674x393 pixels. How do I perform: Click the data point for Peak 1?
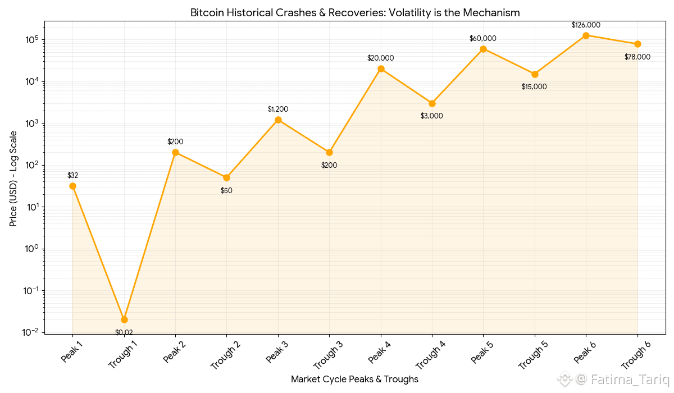(x=72, y=186)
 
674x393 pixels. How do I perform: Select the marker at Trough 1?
(x=124, y=319)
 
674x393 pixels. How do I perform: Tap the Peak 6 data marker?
(x=586, y=35)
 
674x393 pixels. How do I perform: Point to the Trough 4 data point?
(x=432, y=103)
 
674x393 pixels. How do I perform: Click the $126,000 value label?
(x=586, y=25)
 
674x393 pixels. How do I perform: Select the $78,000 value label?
(x=637, y=57)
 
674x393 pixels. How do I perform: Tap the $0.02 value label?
(x=124, y=332)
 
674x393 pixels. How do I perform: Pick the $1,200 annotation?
(x=278, y=109)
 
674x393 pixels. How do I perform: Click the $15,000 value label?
(x=534, y=86)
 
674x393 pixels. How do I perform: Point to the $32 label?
(x=72, y=175)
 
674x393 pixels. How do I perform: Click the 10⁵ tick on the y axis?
(x=30, y=39)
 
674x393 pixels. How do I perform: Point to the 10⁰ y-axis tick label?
(x=30, y=249)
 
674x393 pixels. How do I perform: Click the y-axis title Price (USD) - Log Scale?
(x=13, y=179)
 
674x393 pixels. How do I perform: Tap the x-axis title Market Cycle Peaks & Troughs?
(x=354, y=380)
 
